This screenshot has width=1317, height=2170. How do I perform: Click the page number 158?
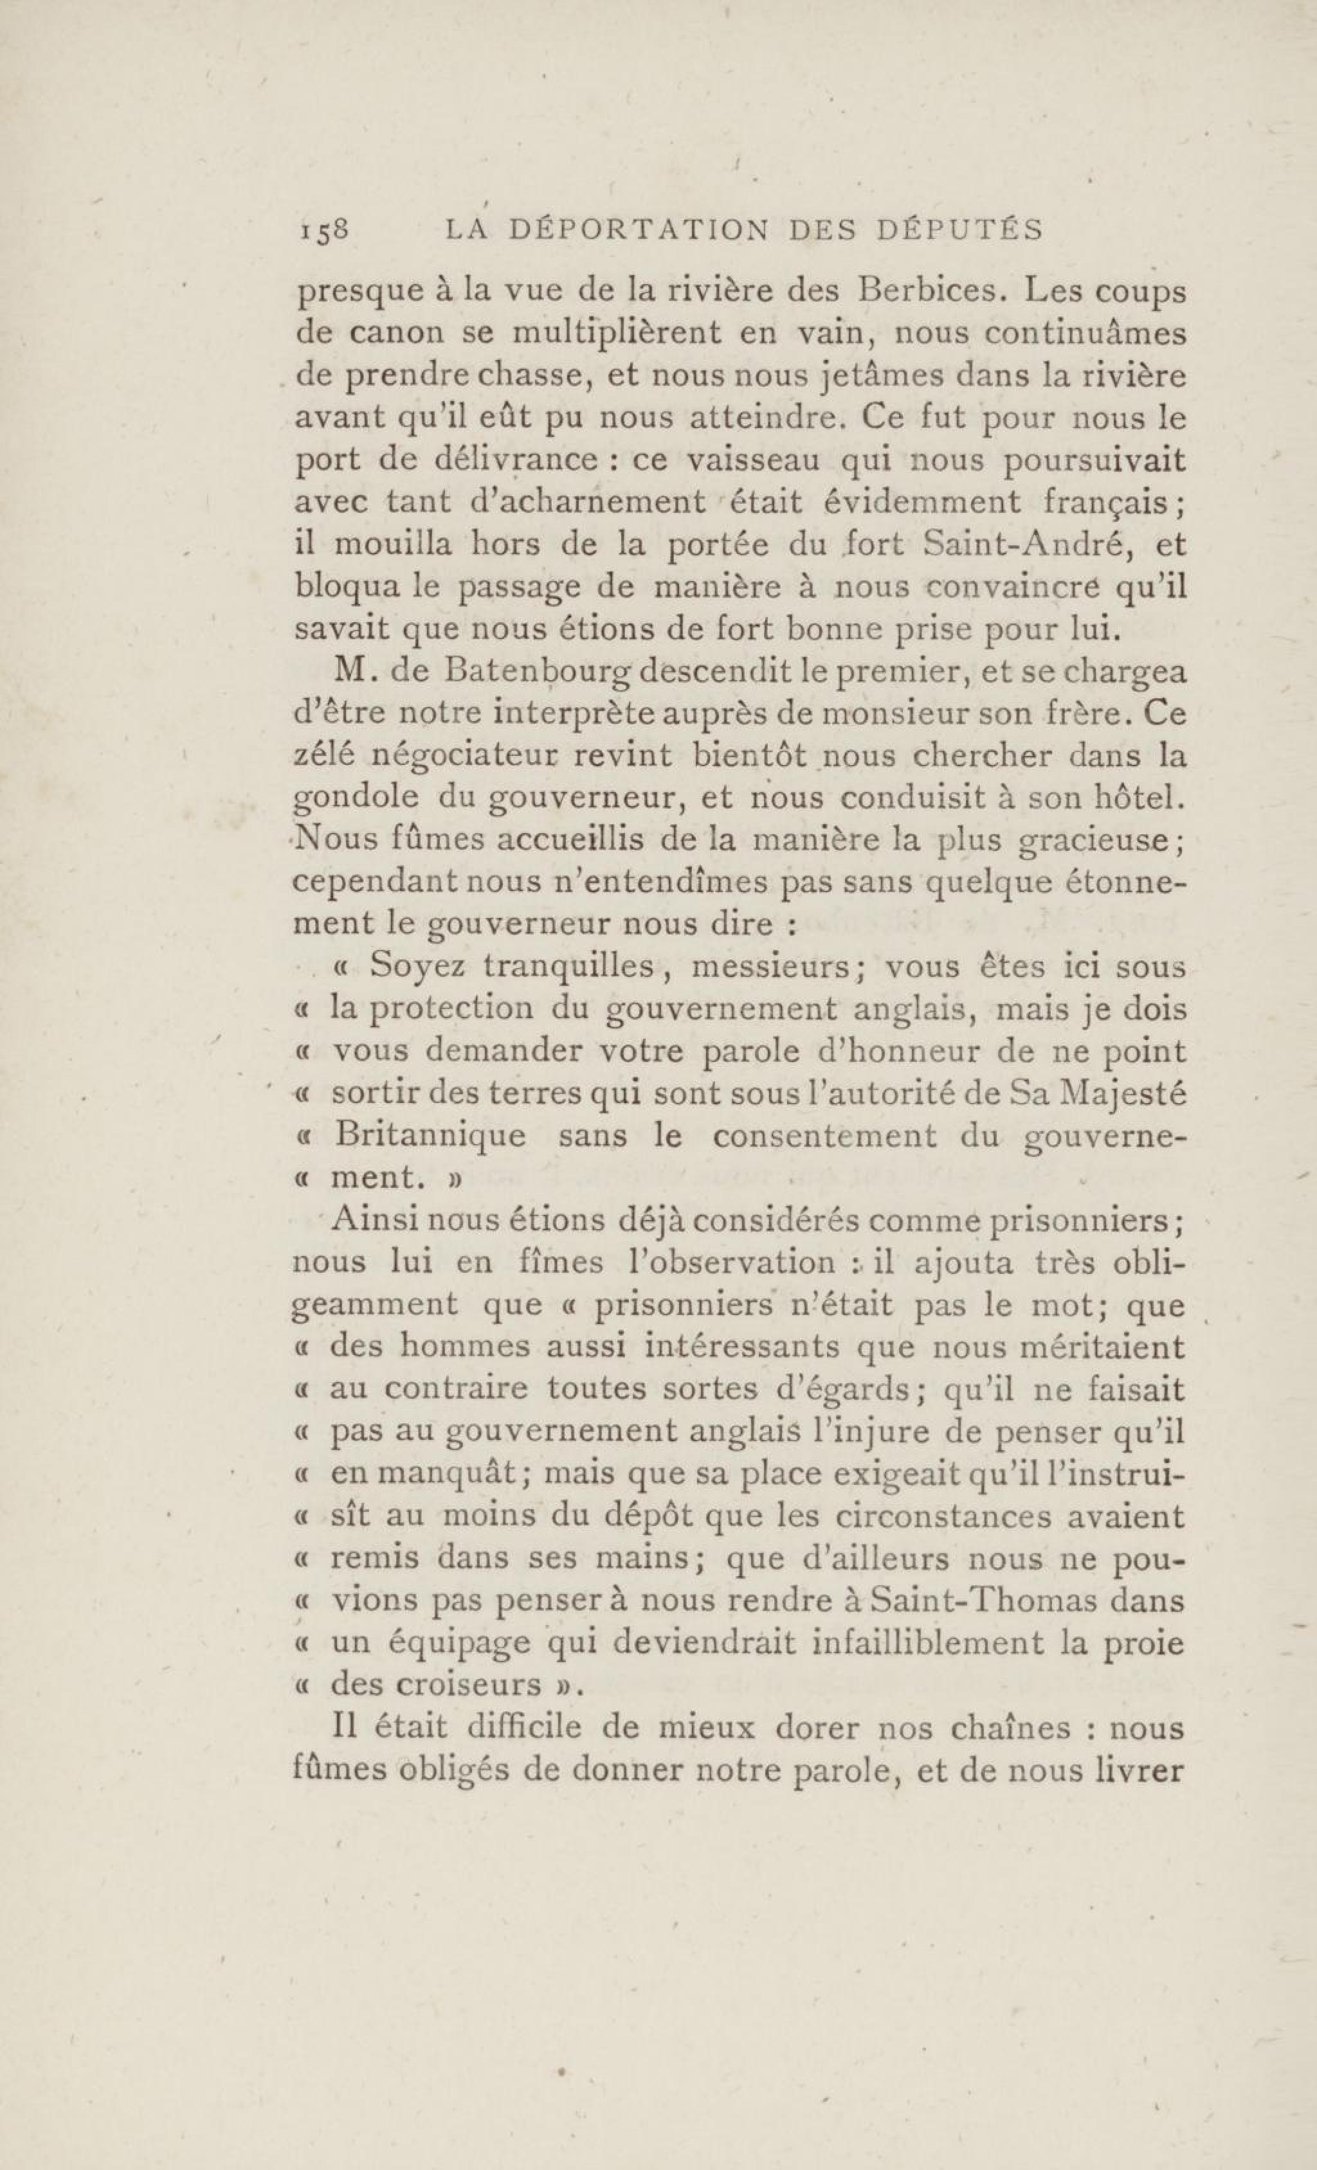(325, 231)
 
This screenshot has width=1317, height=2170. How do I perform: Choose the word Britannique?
(431, 1136)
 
